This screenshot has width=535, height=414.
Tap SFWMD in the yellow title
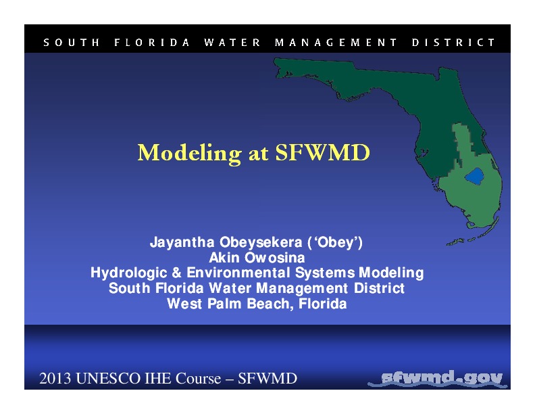tap(323, 153)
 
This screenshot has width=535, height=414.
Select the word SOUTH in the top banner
tap(72, 42)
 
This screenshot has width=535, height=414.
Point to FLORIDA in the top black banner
tap(152, 42)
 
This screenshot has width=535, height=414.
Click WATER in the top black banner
tap(232, 42)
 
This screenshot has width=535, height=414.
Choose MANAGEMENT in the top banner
tap(336, 42)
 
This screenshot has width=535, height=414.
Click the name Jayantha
tap(179, 242)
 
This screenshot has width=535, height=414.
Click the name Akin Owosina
tap(257, 258)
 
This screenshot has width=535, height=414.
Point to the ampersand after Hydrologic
tap(177, 273)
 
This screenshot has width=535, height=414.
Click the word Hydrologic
tap(130, 273)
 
